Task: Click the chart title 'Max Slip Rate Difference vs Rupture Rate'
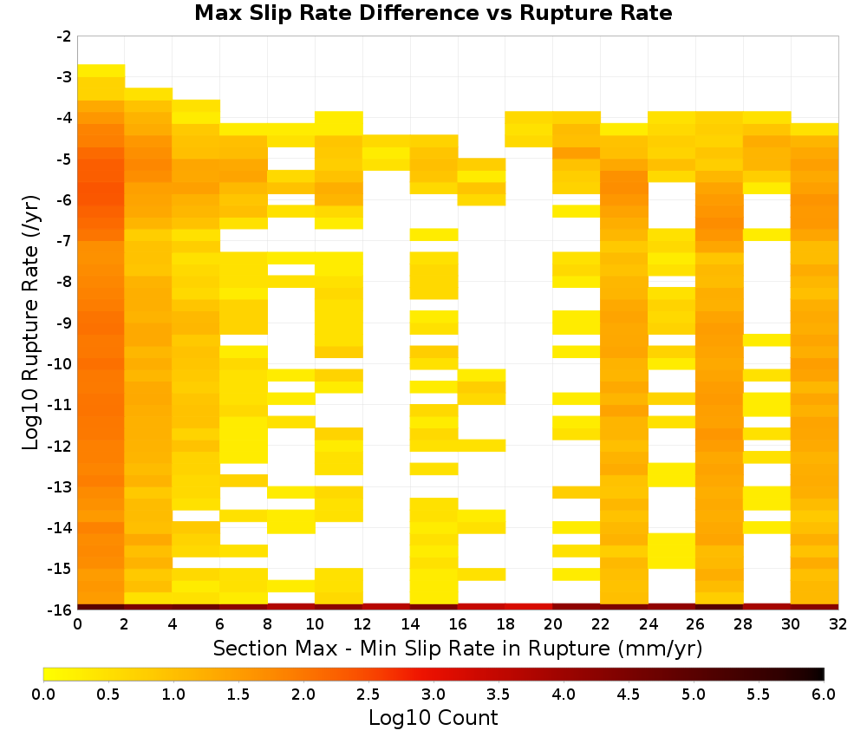click(433, 13)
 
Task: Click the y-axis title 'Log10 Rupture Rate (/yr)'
click(30, 323)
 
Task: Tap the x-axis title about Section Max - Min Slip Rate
click(458, 648)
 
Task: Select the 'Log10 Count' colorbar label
click(433, 718)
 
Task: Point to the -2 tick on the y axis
click(64, 36)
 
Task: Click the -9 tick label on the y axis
click(64, 323)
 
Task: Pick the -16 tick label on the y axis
click(61, 610)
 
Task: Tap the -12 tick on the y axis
click(61, 446)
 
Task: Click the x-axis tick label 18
click(505, 624)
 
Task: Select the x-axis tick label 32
click(838, 624)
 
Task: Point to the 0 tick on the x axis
click(77, 624)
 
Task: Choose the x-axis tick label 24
click(648, 624)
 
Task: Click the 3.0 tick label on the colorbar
click(433, 695)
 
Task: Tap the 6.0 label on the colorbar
click(824, 695)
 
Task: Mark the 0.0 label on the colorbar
click(43, 695)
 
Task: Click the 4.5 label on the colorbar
click(629, 695)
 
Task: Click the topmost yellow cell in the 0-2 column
click(101, 71)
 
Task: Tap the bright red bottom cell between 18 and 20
click(529, 607)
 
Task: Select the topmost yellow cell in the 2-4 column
click(149, 94)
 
